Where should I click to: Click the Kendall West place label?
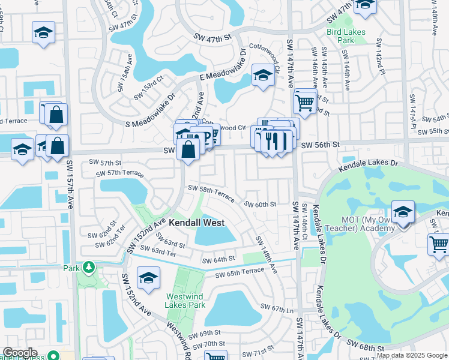196,223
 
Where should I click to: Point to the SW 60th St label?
260,204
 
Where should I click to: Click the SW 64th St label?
218,260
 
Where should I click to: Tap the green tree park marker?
89,266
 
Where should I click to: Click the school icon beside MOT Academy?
403,212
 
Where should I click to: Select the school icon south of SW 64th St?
148,278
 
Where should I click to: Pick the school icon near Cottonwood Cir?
262,75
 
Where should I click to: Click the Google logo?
20,353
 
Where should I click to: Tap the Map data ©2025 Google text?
412,355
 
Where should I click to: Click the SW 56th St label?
321,145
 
